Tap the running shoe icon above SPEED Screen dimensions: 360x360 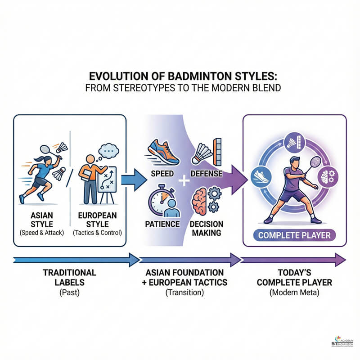163,152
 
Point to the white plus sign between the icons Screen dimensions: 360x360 183,181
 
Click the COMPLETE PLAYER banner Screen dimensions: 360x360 295,235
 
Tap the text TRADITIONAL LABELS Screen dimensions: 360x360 69,277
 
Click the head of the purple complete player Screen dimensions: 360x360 292,162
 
